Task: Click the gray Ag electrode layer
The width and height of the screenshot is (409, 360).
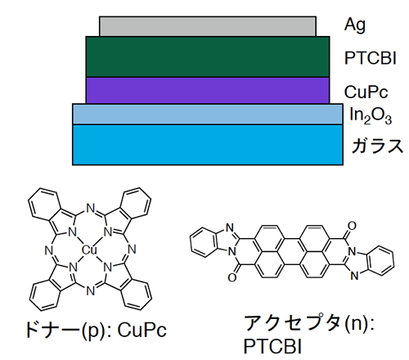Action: (x=208, y=26)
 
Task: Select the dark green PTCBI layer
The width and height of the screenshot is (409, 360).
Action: (x=208, y=56)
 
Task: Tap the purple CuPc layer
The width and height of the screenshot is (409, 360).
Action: (x=208, y=90)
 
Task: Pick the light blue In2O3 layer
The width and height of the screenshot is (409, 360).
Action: (x=208, y=114)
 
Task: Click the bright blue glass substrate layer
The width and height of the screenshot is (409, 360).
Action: (x=208, y=145)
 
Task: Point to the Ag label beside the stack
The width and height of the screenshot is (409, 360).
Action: (x=355, y=25)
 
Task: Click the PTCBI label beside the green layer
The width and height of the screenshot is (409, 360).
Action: (x=371, y=58)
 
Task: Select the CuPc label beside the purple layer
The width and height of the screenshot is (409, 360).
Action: (x=366, y=92)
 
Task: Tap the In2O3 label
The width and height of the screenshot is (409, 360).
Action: (x=371, y=115)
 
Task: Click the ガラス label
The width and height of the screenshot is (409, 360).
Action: (x=377, y=146)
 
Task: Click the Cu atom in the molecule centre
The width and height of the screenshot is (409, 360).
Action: (x=89, y=250)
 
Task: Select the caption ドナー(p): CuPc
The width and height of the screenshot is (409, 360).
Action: (x=96, y=331)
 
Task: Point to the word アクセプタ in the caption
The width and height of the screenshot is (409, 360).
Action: (x=292, y=323)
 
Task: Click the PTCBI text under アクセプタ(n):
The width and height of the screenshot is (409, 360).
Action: (x=272, y=347)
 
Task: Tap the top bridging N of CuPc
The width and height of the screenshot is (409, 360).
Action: (x=90, y=209)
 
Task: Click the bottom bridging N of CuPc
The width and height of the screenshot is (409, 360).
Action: (x=90, y=290)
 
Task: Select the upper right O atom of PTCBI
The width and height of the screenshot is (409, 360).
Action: (x=352, y=226)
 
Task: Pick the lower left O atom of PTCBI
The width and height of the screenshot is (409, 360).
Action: (x=232, y=277)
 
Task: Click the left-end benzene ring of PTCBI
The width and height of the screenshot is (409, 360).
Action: (x=204, y=243)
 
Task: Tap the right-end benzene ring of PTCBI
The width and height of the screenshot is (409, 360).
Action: (x=380, y=260)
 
